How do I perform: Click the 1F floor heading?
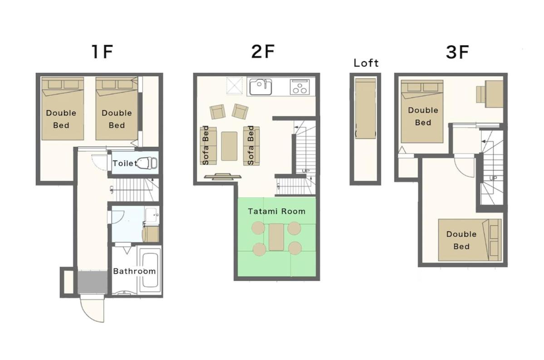tap(103, 52)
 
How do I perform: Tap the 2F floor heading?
tap(263, 51)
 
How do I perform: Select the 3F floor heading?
tap(457, 52)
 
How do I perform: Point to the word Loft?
tap(366, 63)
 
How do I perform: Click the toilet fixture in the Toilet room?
tap(148, 163)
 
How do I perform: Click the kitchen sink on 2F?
tap(261, 87)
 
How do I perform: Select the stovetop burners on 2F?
tap(299, 87)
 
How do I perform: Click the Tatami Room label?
tap(276, 211)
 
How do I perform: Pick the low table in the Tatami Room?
tap(276, 237)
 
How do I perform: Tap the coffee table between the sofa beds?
tap(229, 146)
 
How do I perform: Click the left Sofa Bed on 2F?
tap(208, 146)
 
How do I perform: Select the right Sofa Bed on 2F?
tap(251, 146)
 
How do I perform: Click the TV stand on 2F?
tap(222, 176)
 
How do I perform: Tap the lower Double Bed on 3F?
tap(470, 240)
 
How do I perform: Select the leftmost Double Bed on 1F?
tap(63, 108)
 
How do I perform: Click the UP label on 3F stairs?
tap(493, 178)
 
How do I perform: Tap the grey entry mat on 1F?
tap(92, 282)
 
